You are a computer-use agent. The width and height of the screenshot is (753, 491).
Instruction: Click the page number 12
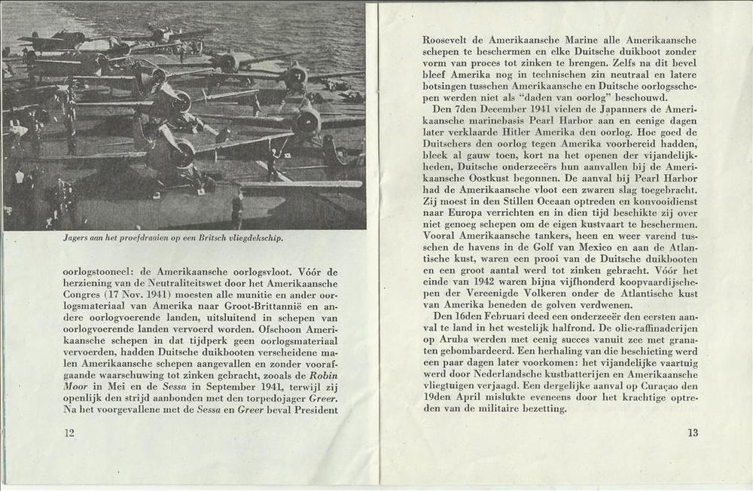click(x=69, y=432)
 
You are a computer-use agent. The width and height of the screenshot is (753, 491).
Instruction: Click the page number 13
click(x=693, y=432)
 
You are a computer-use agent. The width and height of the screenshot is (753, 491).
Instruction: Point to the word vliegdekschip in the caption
click(x=258, y=239)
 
